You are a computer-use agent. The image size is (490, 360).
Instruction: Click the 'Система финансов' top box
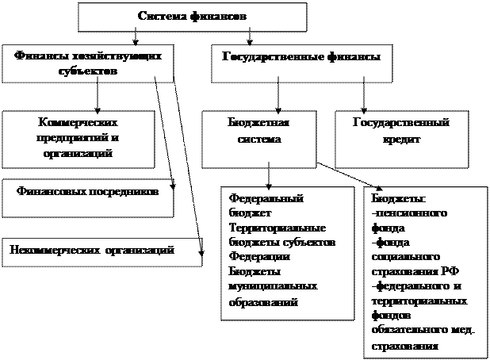click(193, 16)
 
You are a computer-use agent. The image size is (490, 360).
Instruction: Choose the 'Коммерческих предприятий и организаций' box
click(78, 138)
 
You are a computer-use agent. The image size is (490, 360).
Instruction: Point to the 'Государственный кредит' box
click(400, 131)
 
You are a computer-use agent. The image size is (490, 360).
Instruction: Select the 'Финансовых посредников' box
click(86, 193)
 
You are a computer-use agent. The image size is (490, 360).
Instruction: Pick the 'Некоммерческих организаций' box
click(93, 251)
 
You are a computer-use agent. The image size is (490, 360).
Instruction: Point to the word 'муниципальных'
click(273, 285)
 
